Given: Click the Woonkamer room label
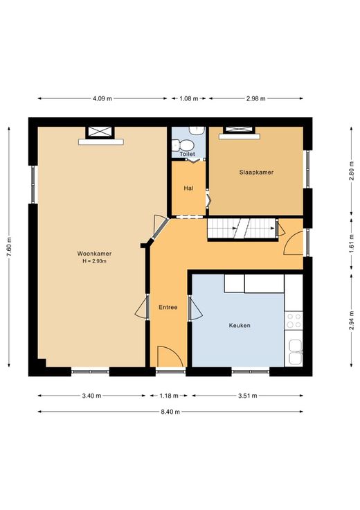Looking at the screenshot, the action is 94,254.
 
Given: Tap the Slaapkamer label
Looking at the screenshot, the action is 256,173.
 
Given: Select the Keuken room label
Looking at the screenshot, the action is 240,325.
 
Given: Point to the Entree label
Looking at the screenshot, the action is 168,307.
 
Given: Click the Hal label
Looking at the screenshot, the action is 188,188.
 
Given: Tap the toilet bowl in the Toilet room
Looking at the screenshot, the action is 182,144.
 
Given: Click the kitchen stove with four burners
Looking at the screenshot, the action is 294,320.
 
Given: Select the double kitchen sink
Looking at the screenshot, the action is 295,352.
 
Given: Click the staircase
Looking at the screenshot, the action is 243,229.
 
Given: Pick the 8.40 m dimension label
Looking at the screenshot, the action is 170,412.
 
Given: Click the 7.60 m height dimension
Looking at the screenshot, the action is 9,247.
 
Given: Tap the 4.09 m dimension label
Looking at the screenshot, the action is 102,98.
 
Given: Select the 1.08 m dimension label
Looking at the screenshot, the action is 189,98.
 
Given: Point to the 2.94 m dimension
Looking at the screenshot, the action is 351,320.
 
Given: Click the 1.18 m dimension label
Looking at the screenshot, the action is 169,396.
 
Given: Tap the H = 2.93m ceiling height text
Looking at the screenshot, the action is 95,261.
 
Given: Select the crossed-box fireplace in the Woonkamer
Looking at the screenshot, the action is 100,132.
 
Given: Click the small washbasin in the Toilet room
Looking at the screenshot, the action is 197,130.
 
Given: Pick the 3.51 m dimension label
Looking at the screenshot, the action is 248,396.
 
